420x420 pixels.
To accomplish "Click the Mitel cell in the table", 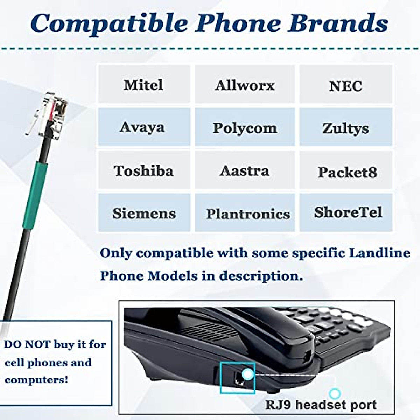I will [x=143, y=85].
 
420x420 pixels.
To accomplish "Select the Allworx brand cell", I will [x=245, y=85].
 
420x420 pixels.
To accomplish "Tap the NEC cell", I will [x=345, y=86].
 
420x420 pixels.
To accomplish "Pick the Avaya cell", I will [x=142, y=127].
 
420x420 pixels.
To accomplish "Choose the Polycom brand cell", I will [x=245, y=128].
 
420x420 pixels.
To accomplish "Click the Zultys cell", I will [x=345, y=128].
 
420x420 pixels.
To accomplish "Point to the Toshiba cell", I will [x=143, y=170].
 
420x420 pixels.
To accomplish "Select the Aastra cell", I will [x=245, y=171].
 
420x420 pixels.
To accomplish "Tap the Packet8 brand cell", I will [x=347, y=172].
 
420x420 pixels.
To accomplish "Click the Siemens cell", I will [x=144, y=213].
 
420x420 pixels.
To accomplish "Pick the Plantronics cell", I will [x=248, y=213].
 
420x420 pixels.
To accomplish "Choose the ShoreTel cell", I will [x=348, y=212].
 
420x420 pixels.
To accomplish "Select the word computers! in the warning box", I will [x=37, y=380].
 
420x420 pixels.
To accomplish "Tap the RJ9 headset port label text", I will [x=321, y=405].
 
